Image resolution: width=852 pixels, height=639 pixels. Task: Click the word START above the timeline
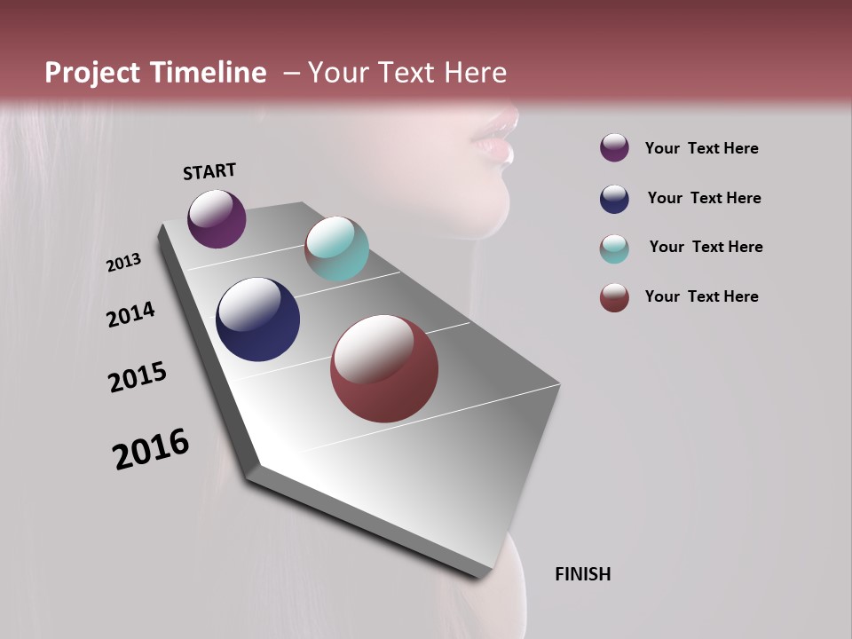coord(209,171)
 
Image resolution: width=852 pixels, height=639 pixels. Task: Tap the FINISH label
coord(583,574)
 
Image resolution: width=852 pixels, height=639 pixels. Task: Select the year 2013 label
coord(123,263)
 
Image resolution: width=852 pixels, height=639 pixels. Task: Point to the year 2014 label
coord(130,314)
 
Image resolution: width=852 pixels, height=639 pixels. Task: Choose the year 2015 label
coord(138,377)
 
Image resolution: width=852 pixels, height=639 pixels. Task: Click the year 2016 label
coord(151,449)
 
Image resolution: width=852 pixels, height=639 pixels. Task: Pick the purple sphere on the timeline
coord(217,218)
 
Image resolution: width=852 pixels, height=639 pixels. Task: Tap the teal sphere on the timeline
coord(336,248)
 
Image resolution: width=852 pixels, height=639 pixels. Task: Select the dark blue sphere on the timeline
coord(257,319)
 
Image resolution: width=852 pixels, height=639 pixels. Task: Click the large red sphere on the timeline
coord(384,368)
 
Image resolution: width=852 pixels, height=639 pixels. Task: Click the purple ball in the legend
coord(614,147)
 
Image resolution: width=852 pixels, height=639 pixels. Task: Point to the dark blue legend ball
coord(614,199)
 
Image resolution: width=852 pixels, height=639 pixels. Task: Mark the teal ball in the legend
coord(614,248)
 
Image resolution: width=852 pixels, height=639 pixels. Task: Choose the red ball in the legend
coord(614,297)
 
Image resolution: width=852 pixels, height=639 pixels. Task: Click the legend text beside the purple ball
coord(701,148)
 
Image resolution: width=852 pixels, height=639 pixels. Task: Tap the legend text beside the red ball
coord(701,296)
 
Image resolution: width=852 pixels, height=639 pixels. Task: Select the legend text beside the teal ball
coord(706,247)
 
